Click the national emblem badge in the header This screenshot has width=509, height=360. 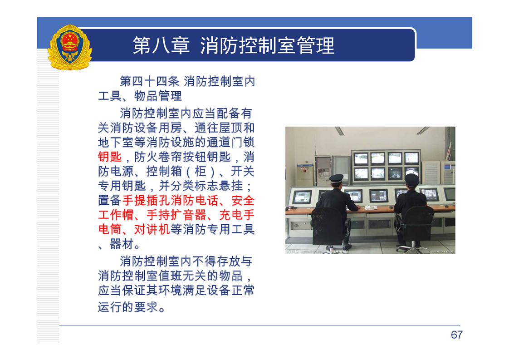click(70, 47)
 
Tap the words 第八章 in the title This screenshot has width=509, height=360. click(161, 45)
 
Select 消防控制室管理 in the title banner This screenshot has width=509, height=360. click(267, 45)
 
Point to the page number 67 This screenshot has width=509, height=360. click(456, 335)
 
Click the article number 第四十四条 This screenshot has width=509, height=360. click(149, 81)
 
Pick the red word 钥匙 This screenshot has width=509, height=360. click(110, 157)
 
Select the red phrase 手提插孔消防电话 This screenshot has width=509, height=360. click(170, 201)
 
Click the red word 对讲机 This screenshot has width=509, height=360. click(152, 230)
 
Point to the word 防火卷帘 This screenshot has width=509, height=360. click(158, 157)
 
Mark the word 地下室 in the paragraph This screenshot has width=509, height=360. click(116, 142)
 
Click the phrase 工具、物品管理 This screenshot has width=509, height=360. click(140, 96)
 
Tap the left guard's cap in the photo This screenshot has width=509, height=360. click(336, 178)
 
